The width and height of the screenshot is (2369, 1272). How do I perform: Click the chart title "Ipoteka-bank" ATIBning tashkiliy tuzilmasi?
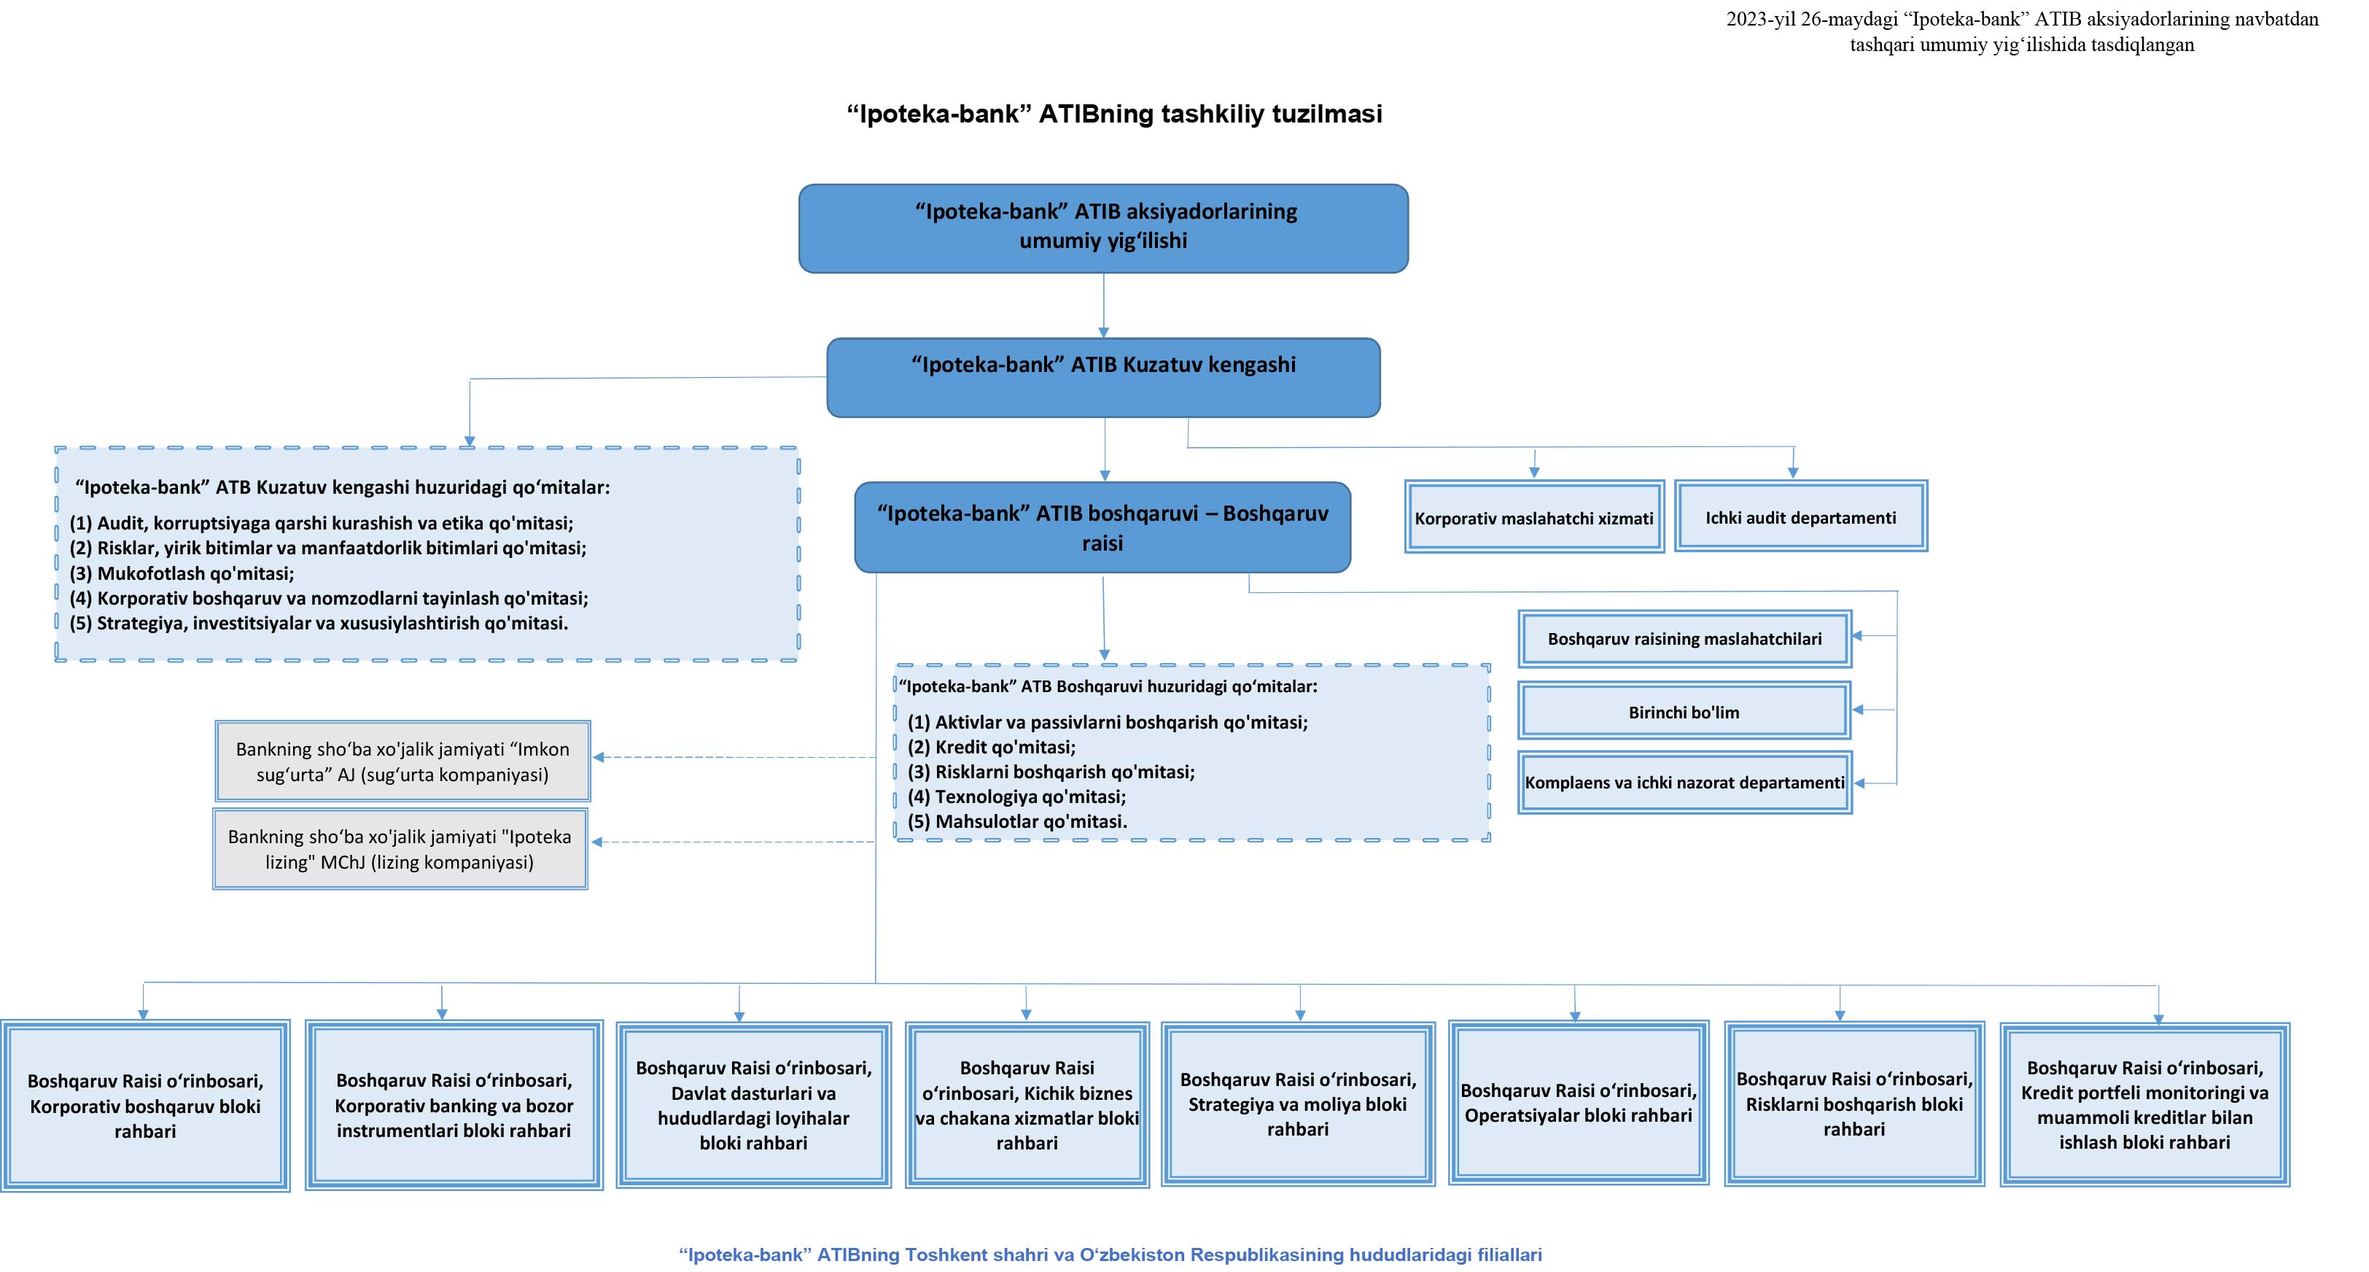coord(1115,114)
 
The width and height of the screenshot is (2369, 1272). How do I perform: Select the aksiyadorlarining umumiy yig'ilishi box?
coord(1104,228)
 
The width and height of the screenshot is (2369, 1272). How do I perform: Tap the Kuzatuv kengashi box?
coord(1104,377)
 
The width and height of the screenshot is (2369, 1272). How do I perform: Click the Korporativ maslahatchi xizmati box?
coord(1534,517)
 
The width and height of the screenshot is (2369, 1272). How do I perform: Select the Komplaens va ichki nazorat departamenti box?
coord(1685,783)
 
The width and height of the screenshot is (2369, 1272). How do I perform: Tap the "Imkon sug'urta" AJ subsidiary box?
coord(402,761)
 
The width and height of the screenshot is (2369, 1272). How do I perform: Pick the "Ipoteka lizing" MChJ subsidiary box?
coord(400,849)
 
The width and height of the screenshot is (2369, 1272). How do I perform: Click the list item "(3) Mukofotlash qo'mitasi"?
coord(182,573)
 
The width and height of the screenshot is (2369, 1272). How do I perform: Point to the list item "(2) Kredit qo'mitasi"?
coord(992,747)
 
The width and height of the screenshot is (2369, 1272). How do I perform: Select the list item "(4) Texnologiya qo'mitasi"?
coord(1016,796)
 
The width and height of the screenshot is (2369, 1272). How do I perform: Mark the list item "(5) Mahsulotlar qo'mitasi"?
coord(1017,821)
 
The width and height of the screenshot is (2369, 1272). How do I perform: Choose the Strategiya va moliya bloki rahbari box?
coord(1298,1104)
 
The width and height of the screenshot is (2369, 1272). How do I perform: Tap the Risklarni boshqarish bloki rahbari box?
coord(1854,1104)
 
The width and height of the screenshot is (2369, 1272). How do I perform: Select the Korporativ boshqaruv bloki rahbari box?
coord(145,1106)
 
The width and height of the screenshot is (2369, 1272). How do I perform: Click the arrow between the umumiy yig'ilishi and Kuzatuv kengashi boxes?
coord(1104,306)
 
